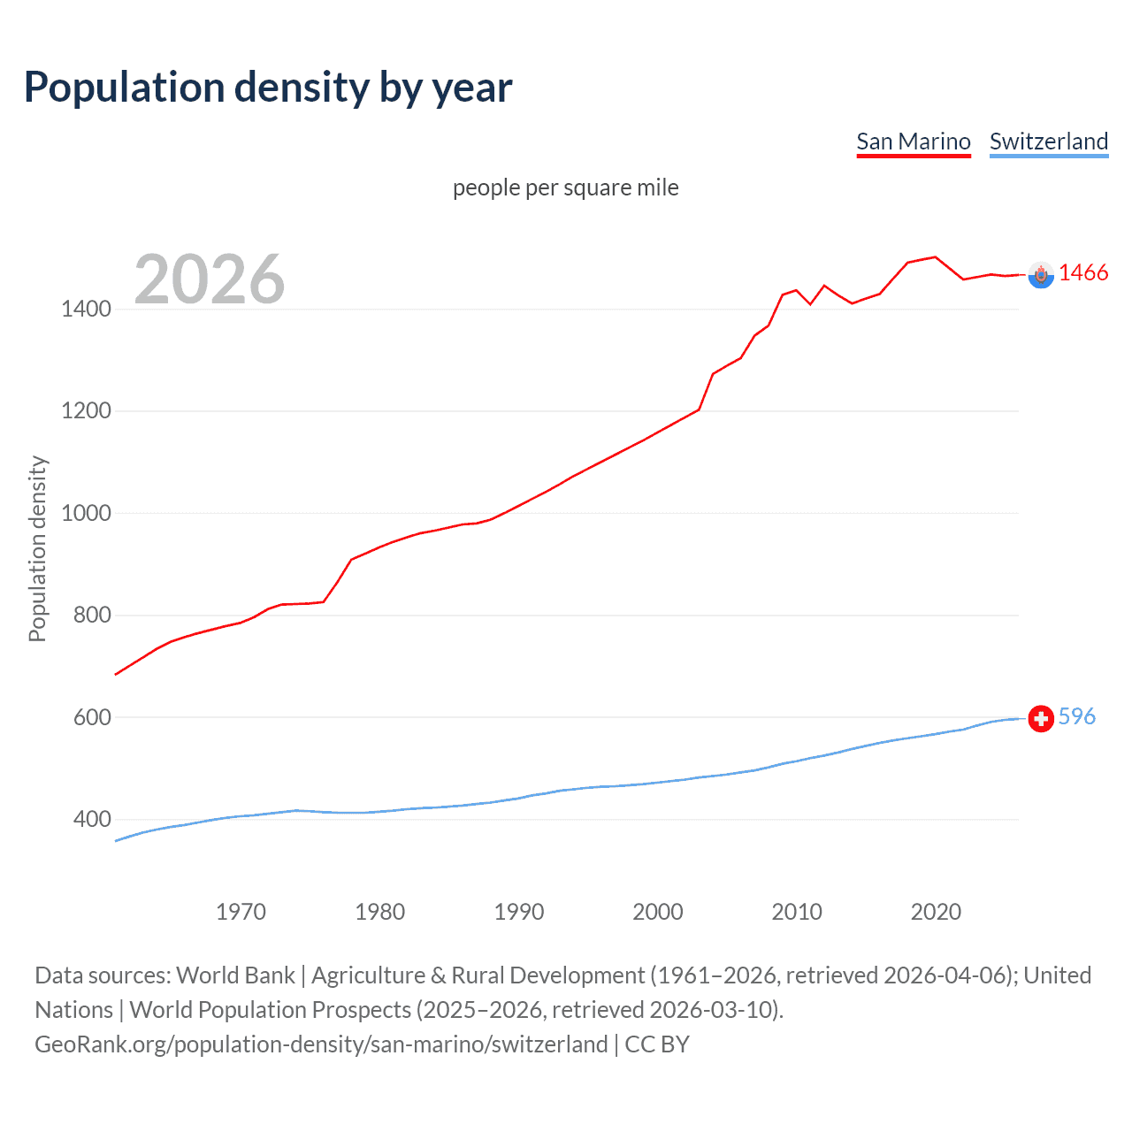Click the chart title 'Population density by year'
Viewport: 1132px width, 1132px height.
[x=268, y=88]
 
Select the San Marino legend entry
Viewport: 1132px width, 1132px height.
[x=914, y=141]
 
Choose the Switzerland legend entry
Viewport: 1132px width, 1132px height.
[x=1048, y=141]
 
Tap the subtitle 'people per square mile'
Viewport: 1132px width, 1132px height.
[x=565, y=187]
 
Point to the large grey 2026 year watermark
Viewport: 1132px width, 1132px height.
[x=210, y=279]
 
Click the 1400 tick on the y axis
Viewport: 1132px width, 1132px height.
[x=86, y=309]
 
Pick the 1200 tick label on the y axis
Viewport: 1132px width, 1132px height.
[x=86, y=411]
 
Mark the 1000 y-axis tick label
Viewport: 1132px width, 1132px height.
[x=86, y=513]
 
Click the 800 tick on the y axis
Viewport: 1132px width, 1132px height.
[x=92, y=616]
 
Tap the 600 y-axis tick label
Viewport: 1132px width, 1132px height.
[x=92, y=717]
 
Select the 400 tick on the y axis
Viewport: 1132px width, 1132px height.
[x=92, y=820]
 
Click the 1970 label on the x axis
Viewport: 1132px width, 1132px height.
[x=241, y=912]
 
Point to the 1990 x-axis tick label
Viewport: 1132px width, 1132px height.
[x=519, y=912]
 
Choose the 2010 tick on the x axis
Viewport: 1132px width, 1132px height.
[x=797, y=912]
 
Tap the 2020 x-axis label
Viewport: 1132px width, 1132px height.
[x=936, y=912]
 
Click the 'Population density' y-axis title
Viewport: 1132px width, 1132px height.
[x=37, y=548]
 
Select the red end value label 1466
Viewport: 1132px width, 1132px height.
[x=1082, y=273]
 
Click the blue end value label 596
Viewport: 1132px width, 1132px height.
[x=1076, y=716]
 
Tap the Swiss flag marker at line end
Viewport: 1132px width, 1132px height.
[x=1041, y=718]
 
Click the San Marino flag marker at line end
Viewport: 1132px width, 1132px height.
[x=1041, y=275]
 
